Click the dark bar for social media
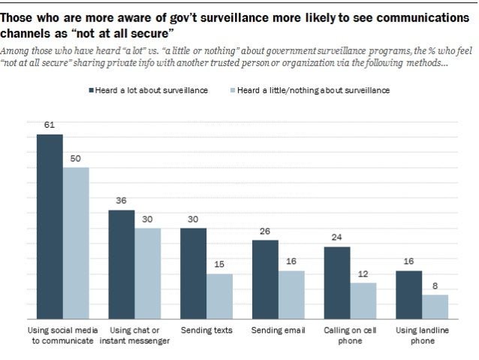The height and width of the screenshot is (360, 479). [x=50, y=225]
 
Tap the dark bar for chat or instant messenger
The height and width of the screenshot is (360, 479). [x=122, y=263]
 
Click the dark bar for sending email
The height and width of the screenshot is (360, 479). [x=265, y=278]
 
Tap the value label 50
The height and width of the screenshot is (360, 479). [x=76, y=159]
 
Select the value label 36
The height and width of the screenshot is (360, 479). [x=122, y=201]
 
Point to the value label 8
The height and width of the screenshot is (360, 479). [x=435, y=286]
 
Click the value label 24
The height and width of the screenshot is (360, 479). [x=336, y=237]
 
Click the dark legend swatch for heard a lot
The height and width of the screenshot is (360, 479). [x=90, y=89]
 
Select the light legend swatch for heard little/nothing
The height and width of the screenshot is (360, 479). [x=233, y=89]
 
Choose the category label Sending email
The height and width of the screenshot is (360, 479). [x=278, y=330]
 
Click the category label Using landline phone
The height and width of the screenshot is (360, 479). [x=421, y=335]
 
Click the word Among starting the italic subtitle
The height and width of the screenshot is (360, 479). [x=16, y=51]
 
